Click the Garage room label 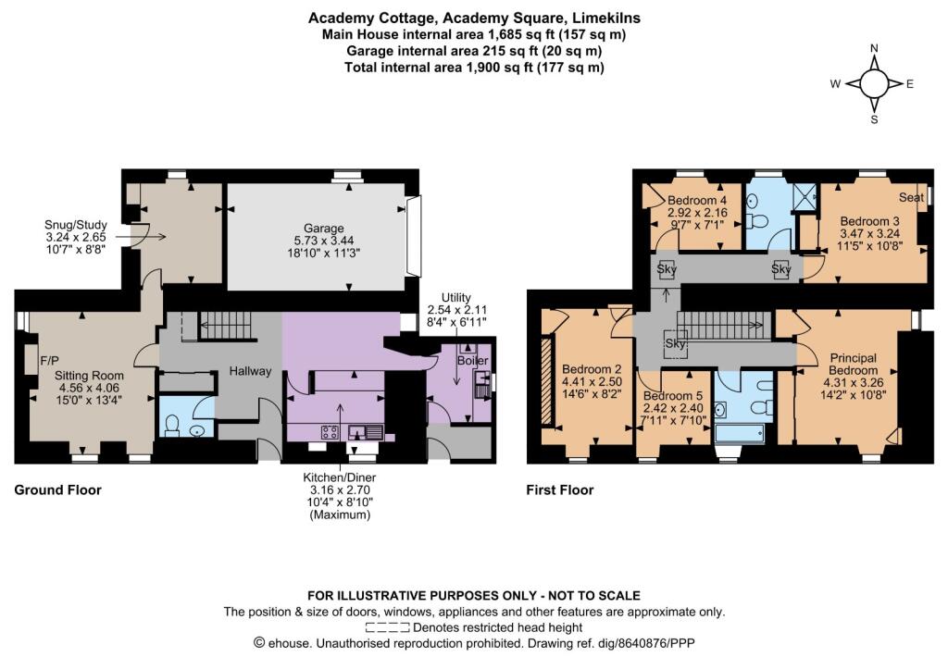pos(323,229)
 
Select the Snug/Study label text pos(76,225)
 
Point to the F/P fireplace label pos(49,361)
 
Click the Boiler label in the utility pos(472,361)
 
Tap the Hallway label pos(250,371)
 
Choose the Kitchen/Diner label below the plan pos(339,477)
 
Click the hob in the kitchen pos(330,432)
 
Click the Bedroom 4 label pos(697,200)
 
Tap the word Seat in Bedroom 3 pos(911,197)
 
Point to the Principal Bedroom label pos(853,364)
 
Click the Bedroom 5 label pos(673,396)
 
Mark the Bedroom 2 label pos(592,368)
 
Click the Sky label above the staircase pos(675,343)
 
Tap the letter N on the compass pos(874,48)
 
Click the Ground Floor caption pos(58,489)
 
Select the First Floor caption pos(560,489)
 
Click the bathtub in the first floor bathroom pos(739,434)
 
